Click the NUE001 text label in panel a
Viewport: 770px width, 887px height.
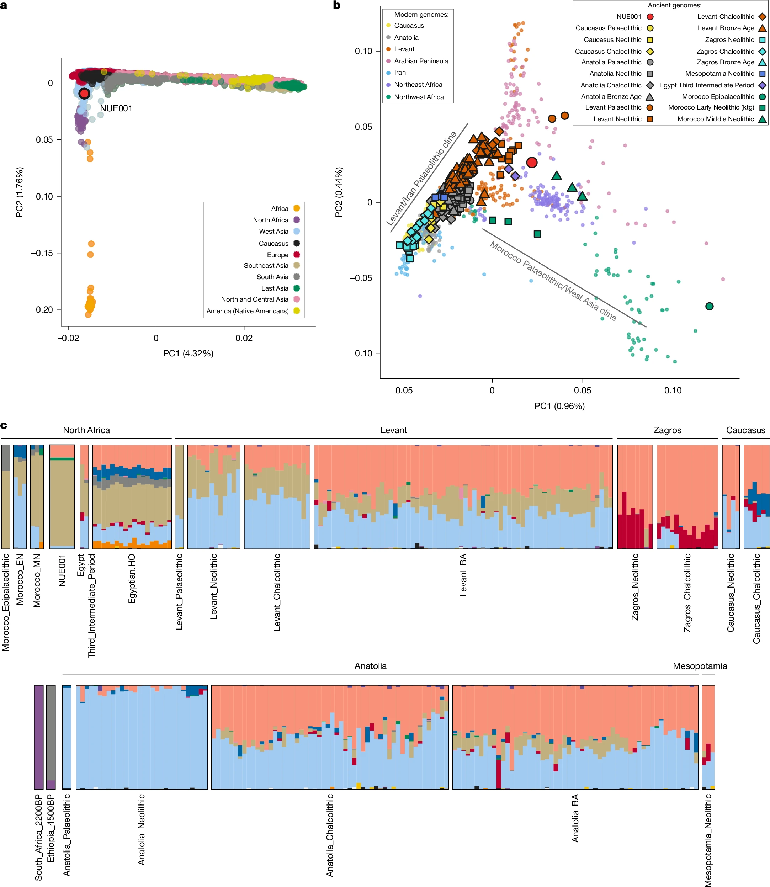[x=116, y=108]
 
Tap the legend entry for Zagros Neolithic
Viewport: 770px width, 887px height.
[x=729, y=39]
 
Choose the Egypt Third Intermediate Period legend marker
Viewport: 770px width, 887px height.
[x=762, y=85]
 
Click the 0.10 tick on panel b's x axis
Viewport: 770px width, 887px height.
[x=673, y=390]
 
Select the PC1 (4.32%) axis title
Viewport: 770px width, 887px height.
[x=188, y=353]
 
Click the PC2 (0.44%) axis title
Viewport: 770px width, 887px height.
[x=339, y=192]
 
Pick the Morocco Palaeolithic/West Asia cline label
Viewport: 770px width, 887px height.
[x=553, y=281]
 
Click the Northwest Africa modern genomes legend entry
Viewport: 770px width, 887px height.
[x=419, y=97]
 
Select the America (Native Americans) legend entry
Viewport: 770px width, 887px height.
[x=248, y=311]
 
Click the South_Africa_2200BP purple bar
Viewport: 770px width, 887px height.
[x=39, y=737]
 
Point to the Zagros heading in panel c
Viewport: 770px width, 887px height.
[x=667, y=430]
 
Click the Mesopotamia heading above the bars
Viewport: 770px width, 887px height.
[x=700, y=666]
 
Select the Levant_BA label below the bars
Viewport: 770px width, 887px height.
[x=463, y=575]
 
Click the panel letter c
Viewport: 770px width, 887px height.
[x=4, y=425]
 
